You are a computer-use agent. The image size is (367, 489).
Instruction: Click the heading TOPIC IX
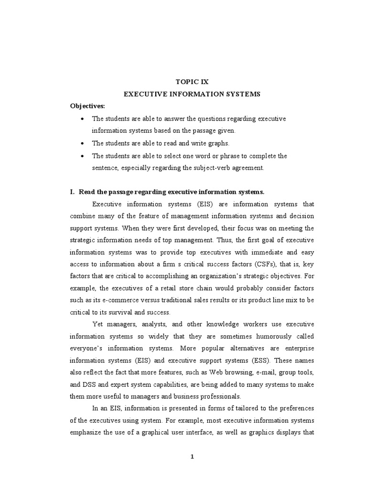pyautogui.click(x=192, y=82)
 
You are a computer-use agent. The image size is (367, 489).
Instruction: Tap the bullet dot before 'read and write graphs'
pyautogui.click(x=83, y=143)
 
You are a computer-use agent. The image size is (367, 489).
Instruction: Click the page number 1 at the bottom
pyautogui.click(x=192, y=457)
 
